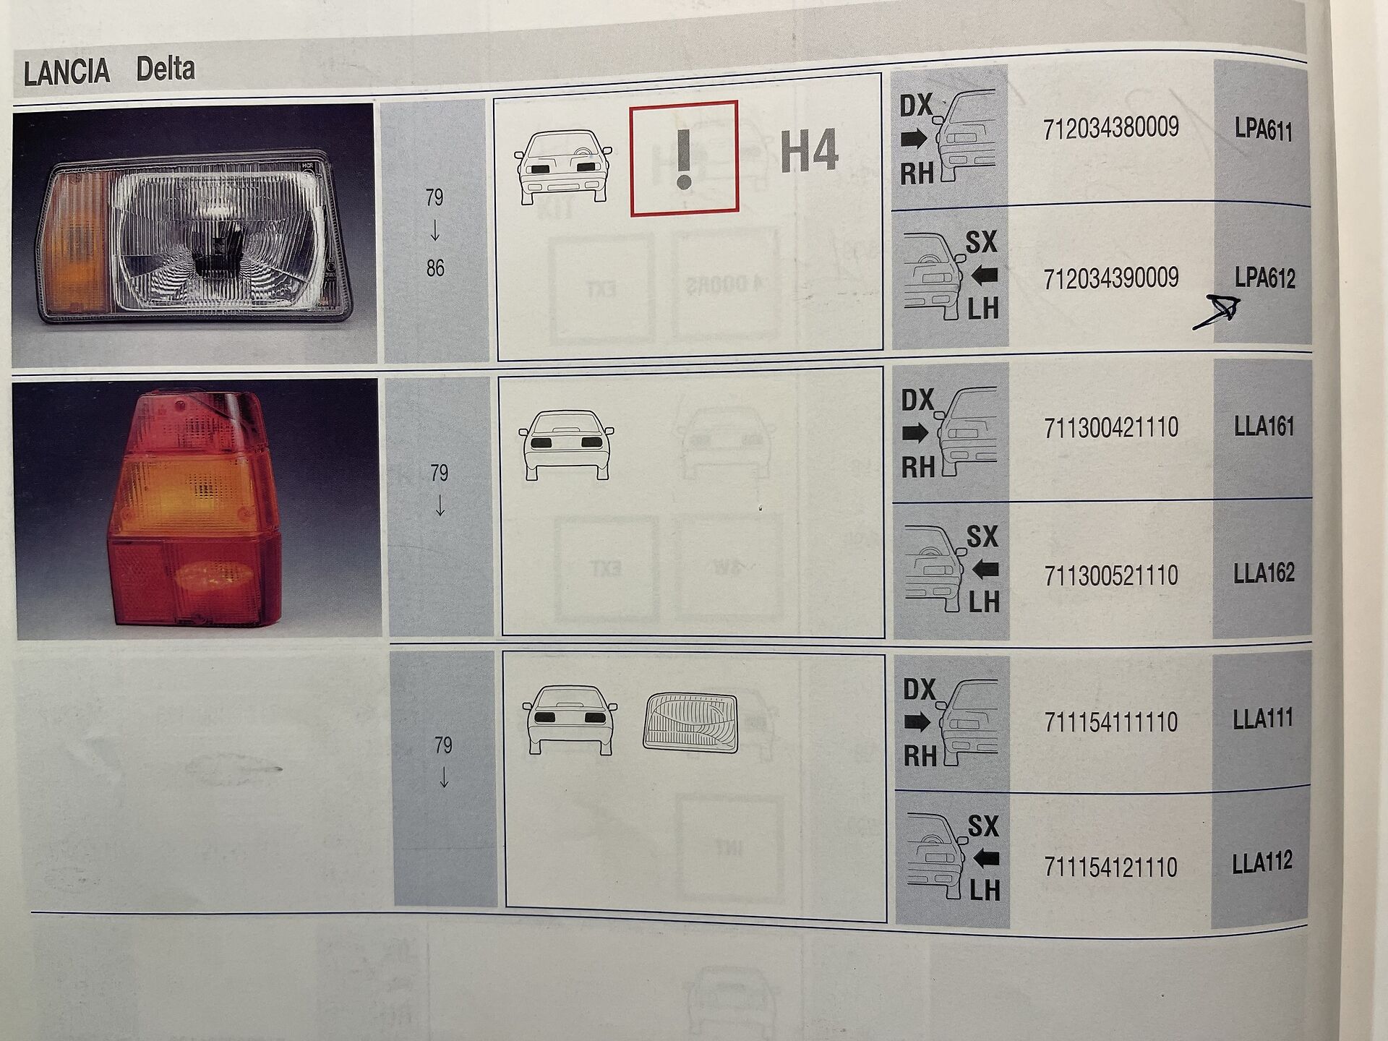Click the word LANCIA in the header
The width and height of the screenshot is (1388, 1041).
point(67,72)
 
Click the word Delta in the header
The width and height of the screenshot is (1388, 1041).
point(166,69)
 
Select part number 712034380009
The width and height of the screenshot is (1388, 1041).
point(1110,129)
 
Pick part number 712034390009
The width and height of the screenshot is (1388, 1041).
point(1110,278)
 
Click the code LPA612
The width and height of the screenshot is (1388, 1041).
point(1264,278)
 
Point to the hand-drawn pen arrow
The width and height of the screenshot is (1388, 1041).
point(1217,314)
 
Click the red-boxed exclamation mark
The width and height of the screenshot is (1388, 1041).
point(684,158)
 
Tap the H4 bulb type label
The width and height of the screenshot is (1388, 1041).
point(809,151)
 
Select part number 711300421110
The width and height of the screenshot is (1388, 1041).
point(1111,427)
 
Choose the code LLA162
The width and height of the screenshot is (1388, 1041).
point(1264,573)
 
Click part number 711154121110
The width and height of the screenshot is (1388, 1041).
point(1111,867)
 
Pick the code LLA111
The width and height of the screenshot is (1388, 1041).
point(1262,719)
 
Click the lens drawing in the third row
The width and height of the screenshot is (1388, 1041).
point(690,723)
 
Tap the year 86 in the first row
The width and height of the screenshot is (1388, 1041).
point(435,269)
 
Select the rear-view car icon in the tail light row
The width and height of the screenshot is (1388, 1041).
point(566,445)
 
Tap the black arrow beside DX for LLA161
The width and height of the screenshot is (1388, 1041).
point(915,434)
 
